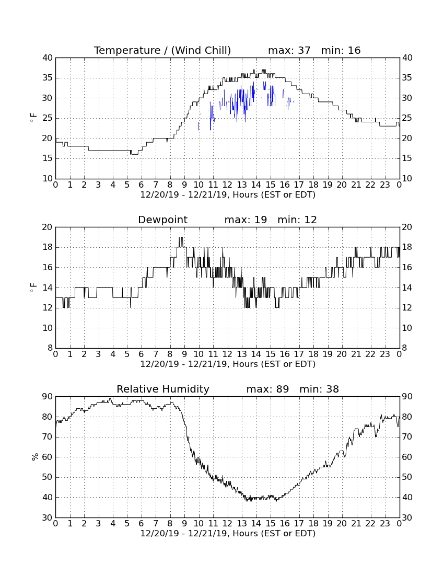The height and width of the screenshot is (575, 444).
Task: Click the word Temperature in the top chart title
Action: [127, 50]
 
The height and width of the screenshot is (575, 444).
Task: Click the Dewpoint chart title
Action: [162, 220]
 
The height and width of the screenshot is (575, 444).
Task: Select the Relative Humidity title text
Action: [162, 389]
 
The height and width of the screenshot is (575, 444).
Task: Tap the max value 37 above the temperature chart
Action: [304, 50]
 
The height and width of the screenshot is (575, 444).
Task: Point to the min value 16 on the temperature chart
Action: [354, 50]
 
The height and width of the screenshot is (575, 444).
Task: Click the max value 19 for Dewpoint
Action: [261, 220]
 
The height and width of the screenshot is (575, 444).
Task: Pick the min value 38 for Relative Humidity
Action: [333, 389]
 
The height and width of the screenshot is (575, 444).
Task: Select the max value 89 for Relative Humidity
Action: [283, 389]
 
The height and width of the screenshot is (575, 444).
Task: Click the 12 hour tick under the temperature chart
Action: [227, 185]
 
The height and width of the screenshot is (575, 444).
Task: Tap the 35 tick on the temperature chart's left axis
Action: [48, 78]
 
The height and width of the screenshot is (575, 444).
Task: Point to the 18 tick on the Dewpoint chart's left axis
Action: [48, 247]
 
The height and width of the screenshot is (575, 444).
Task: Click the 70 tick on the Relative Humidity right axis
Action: [407, 437]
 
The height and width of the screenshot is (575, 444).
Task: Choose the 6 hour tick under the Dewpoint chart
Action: [142, 354]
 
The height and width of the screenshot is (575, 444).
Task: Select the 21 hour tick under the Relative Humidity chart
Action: [356, 524]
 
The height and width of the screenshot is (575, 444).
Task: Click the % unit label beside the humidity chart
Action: [35, 457]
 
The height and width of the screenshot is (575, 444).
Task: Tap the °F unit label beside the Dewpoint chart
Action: [33, 287]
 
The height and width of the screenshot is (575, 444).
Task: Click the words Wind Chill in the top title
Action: [201, 50]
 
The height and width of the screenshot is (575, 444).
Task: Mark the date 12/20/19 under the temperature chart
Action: [160, 195]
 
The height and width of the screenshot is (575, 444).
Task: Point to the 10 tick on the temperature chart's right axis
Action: [407, 179]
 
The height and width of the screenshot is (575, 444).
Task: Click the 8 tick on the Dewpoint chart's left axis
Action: [51, 348]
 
